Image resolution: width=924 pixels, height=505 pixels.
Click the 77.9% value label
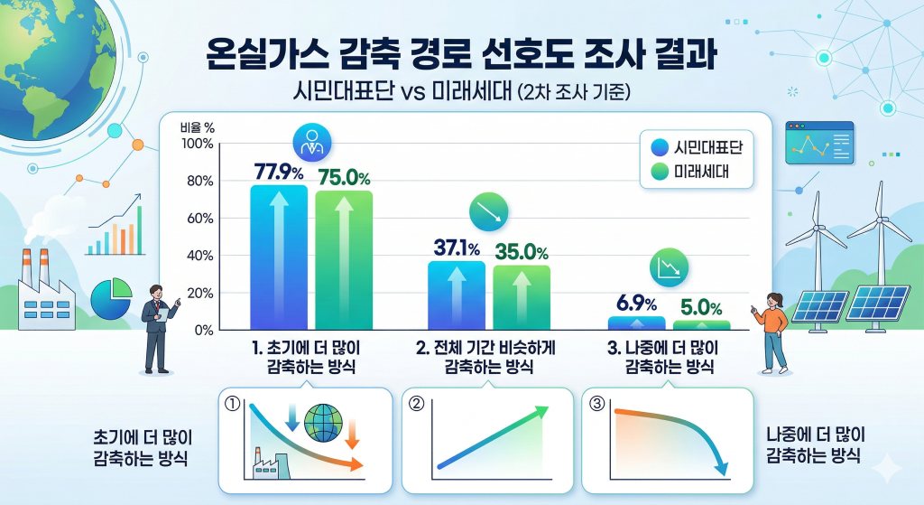pyautogui.click(x=279, y=172)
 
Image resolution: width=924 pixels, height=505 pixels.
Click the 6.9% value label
pyautogui.click(x=637, y=303)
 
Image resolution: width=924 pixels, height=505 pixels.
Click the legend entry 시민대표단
pyautogui.click(x=707, y=147)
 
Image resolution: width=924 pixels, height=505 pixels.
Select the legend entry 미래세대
pyautogui.click(x=707, y=172)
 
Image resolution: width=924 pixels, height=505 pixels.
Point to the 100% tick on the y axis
pyautogui.click(x=196, y=144)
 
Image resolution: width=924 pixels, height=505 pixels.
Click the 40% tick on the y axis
pyautogui.click(x=199, y=256)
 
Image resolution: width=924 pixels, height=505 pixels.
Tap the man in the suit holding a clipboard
pyautogui.click(x=159, y=327)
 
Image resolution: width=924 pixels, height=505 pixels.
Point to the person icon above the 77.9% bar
pyautogui.click(x=311, y=141)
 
